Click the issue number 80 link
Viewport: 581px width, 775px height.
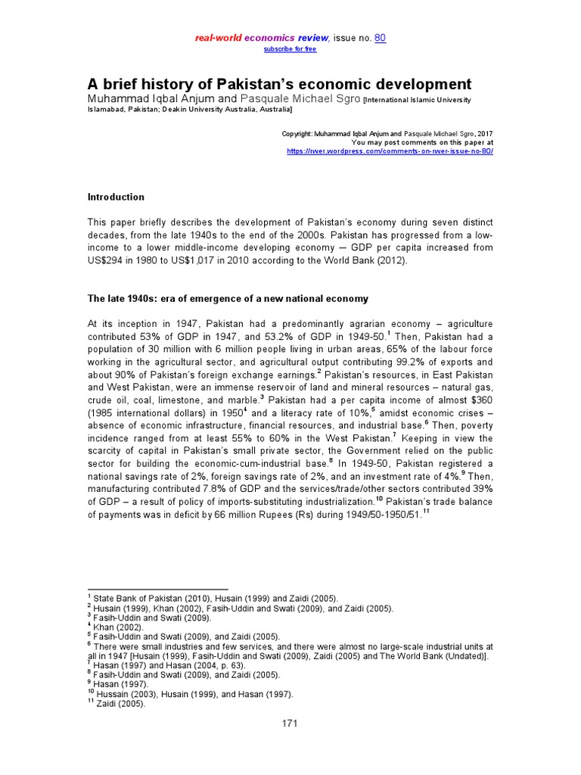pos(380,39)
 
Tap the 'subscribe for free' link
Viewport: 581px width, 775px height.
pos(290,49)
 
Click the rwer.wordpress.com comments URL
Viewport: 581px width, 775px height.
pos(390,151)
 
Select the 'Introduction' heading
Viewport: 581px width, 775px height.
pos(117,197)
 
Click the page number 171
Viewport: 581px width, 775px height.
pos(290,723)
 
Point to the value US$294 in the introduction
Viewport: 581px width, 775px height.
pos(111,260)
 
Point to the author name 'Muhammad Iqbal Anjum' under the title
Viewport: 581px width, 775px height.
pos(151,99)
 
